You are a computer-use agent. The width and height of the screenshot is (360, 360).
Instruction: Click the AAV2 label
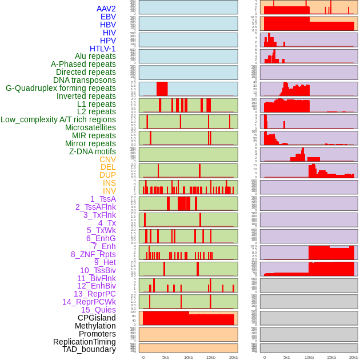106,9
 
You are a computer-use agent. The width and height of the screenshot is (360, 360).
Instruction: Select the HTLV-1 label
103,49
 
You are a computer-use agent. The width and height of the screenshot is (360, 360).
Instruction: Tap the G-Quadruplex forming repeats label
61,88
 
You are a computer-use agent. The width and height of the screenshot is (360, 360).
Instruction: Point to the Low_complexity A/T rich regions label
58,119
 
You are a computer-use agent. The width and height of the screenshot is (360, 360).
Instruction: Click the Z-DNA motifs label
93,151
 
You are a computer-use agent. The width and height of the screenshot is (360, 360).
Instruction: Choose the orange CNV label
107,159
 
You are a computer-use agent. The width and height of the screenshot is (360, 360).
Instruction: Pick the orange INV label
109,191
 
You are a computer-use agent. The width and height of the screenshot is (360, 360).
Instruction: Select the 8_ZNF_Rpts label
93,254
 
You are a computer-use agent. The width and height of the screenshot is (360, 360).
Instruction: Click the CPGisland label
97,318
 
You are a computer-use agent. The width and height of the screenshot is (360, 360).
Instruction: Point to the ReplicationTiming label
84,342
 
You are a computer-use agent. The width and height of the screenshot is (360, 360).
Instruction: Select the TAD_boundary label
89,349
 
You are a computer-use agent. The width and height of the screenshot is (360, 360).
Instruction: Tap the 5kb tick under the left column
166,357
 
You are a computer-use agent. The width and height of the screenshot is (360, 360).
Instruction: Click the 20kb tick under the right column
354,357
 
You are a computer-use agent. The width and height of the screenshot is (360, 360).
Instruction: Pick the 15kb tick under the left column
210,357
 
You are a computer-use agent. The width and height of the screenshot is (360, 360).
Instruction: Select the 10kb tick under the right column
309,357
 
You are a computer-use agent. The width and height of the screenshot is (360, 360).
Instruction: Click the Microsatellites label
90,127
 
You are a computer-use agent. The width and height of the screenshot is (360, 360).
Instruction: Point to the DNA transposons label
85,80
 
